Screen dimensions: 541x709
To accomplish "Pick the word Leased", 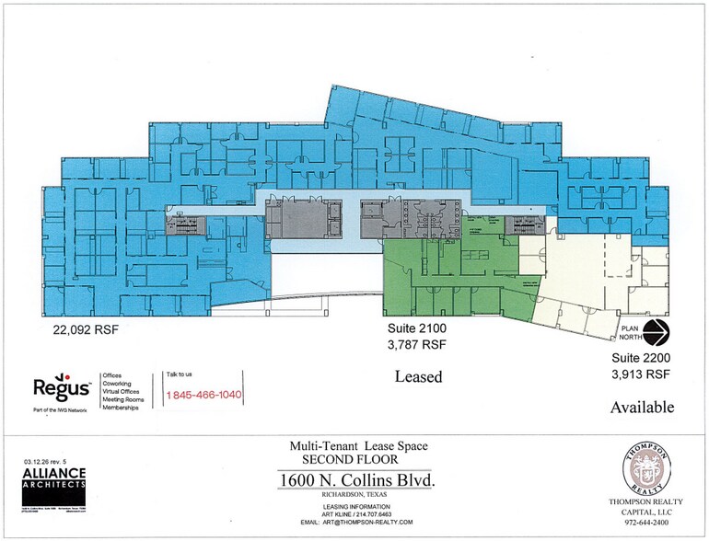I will pyautogui.click(x=418, y=376).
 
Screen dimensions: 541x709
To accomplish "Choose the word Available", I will pyautogui.click(x=643, y=407).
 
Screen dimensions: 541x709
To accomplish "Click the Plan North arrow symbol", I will pyautogui.click(x=657, y=332).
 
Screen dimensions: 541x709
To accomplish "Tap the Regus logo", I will pyautogui.click(x=62, y=388).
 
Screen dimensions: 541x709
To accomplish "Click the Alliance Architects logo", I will pyautogui.click(x=53, y=478).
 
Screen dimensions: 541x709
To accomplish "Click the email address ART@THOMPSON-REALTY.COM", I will pyautogui.click(x=354, y=522).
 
